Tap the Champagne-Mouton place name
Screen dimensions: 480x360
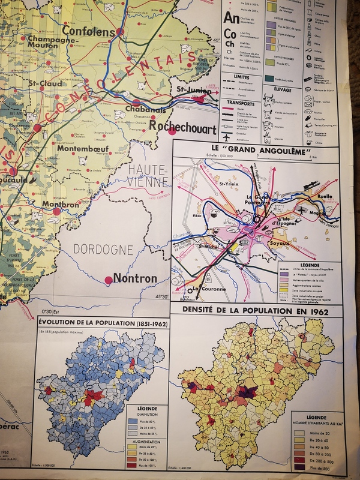pyautogui.click(x=46, y=43)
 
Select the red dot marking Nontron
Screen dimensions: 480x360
pyautogui.click(x=109, y=280)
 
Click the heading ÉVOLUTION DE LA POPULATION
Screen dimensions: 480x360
pyautogui.click(x=101, y=324)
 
